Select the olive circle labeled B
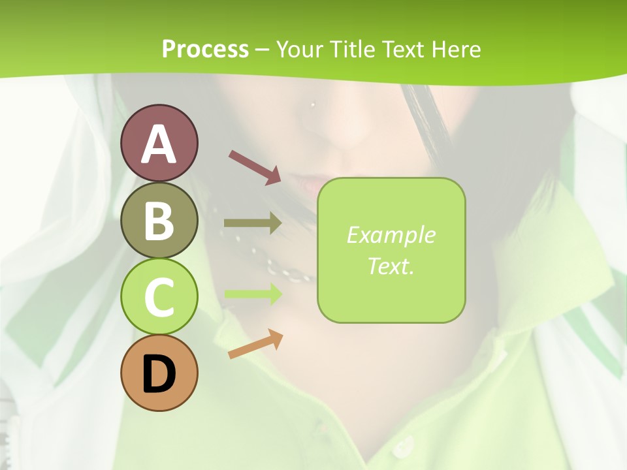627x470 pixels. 159,220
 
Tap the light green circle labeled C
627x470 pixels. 159,297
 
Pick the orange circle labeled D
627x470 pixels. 159,373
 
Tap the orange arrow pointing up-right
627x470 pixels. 255,344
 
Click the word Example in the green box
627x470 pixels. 391,235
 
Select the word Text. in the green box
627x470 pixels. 391,266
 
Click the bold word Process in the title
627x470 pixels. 205,49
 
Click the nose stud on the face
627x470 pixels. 313,104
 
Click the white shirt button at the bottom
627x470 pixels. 403,446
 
